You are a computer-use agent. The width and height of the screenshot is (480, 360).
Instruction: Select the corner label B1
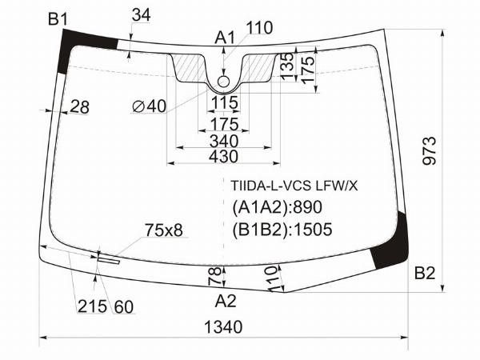point(57,18)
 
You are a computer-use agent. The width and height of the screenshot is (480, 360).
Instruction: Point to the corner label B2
point(424,274)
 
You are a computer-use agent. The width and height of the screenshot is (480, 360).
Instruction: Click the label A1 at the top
point(224,37)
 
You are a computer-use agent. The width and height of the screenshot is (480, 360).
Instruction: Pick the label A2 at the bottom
point(226,301)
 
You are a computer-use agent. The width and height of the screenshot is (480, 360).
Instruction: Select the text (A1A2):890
point(277,208)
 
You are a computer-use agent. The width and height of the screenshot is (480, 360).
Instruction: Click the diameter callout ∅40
point(150,106)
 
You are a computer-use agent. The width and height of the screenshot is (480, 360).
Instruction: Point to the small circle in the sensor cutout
point(224,80)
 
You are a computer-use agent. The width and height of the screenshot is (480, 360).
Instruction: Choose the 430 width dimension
point(223,156)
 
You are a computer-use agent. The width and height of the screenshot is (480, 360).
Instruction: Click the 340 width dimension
point(223,141)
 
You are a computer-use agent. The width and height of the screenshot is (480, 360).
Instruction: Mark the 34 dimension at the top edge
point(140,14)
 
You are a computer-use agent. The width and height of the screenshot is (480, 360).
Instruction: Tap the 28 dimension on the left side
point(79,106)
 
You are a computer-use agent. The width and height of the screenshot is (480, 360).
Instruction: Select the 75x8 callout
point(163,230)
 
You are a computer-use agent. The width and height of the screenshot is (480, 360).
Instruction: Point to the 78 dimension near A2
point(214,278)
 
